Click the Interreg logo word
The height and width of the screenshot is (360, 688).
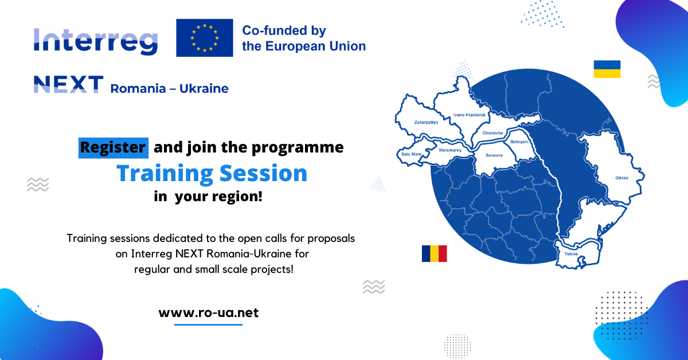pyautogui.click(x=96, y=42)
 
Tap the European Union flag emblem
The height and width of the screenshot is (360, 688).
pyautogui.click(x=205, y=38)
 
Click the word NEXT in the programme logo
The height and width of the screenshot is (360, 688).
pyautogui.click(x=68, y=84)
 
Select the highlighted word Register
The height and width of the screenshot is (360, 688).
pyautogui.click(x=114, y=148)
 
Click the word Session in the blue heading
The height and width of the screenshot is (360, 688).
pyautogui.click(x=264, y=173)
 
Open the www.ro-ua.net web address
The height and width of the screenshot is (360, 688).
pyautogui.click(x=209, y=312)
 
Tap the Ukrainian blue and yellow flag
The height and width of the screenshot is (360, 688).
pyautogui.click(x=607, y=69)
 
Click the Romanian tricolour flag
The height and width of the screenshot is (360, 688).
pyautogui.click(x=435, y=253)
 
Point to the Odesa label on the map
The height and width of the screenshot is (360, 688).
pyautogui.click(x=621, y=178)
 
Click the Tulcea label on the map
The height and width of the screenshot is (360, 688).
pyautogui.click(x=571, y=254)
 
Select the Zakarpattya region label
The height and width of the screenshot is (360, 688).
pyautogui.click(x=427, y=122)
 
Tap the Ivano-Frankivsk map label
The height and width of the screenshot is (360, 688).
pyautogui.click(x=470, y=115)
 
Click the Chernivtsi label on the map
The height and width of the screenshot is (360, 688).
pyautogui.click(x=492, y=133)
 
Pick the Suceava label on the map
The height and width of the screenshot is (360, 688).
pyautogui.click(x=494, y=155)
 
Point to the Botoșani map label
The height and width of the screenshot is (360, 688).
pyautogui.click(x=519, y=142)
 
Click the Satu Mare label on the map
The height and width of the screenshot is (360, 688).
pyautogui.click(x=412, y=154)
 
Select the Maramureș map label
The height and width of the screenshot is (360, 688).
pyautogui.click(x=450, y=150)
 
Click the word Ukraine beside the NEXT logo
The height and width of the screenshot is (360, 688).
pyautogui.click(x=204, y=88)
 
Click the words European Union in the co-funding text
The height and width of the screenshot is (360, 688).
pyautogui.click(x=315, y=46)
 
